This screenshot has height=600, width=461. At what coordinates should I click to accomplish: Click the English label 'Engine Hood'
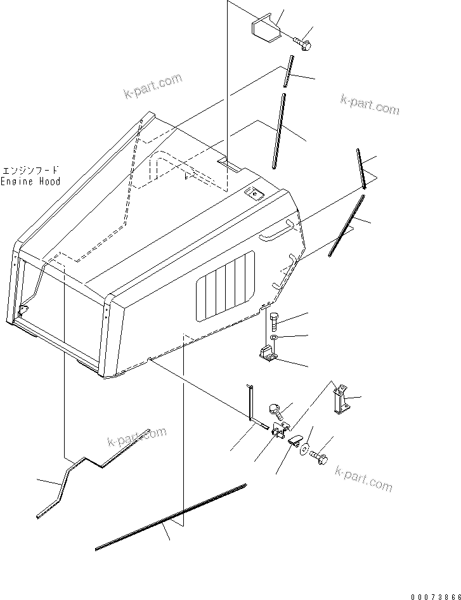pos(30,181)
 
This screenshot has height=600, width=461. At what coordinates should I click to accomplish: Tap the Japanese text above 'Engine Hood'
pos(30,170)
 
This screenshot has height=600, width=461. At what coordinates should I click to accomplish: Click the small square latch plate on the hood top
pos(254,194)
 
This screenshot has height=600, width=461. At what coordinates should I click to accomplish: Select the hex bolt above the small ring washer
pos(274,320)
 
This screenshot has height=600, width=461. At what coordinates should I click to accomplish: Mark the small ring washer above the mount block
pos(273,339)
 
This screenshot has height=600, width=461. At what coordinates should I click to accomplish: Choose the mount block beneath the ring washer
pos(268,356)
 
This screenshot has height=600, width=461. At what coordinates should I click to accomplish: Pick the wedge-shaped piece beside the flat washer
pos(295,441)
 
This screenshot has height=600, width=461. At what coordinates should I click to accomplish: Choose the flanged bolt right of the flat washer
pos(319,457)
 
